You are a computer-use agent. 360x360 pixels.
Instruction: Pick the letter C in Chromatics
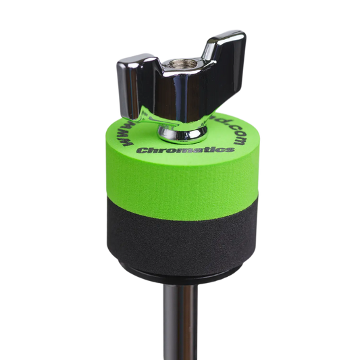pos(139,150)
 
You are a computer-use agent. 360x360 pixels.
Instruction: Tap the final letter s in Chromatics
pos(231,145)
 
